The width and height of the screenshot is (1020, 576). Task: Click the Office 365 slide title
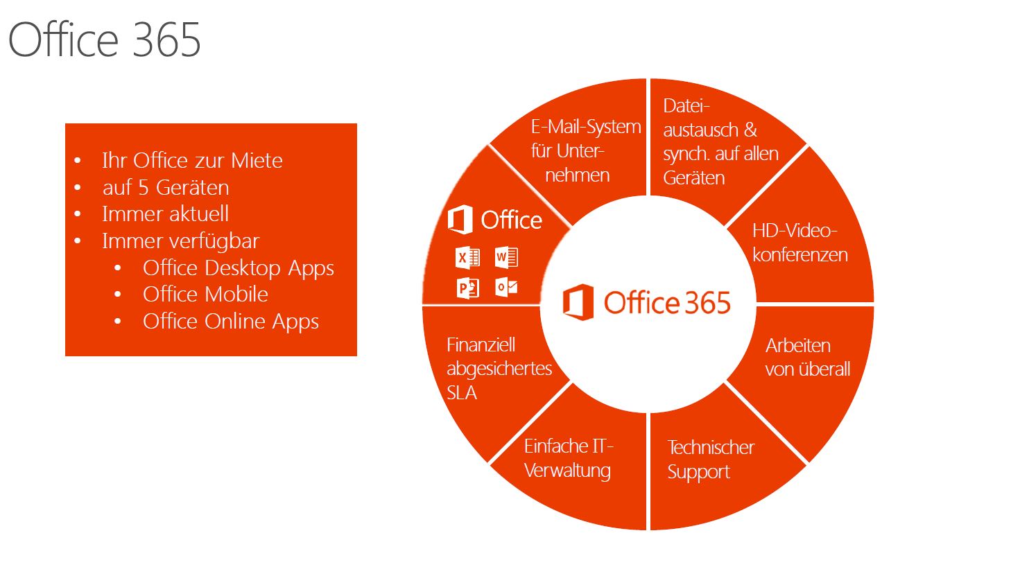pyautogui.click(x=105, y=40)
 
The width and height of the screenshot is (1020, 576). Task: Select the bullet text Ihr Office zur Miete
pyautogui.click(x=192, y=161)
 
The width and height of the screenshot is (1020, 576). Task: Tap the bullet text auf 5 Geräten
pyautogui.click(x=166, y=188)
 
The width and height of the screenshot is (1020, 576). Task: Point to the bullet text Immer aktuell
pyautogui.click(x=165, y=214)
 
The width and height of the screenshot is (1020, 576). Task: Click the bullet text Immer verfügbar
pyautogui.click(x=180, y=241)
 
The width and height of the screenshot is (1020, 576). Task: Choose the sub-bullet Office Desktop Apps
pyautogui.click(x=238, y=268)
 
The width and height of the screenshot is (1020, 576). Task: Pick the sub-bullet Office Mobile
pyautogui.click(x=205, y=295)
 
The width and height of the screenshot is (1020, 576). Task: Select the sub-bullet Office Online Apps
pyautogui.click(x=230, y=322)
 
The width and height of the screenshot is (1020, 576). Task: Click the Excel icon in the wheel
pyautogui.click(x=467, y=258)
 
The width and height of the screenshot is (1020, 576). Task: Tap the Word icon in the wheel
pyautogui.click(x=506, y=257)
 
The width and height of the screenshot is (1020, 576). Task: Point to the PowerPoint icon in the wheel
pyautogui.click(x=467, y=287)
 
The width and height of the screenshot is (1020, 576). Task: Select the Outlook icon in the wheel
pyautogui.click(x=506, y=286)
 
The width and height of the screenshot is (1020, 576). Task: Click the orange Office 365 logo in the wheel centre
pyautogui.click(x=646, y=303)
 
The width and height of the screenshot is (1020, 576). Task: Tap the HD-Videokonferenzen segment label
pyautogui.click(x=799, y=243)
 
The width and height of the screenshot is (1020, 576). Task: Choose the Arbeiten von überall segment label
pyautogui.click(x=807, y=358)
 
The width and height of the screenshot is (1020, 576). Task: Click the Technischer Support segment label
pyautogui.click(x=710, y=460)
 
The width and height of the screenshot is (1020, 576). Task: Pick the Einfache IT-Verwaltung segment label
pyautogui.click(x=568, y=458)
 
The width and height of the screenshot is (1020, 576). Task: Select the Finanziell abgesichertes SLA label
pyautogui.click(x=499, y=369)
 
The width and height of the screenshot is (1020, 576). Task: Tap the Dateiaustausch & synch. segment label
pyautogui.click(x=720, y=142)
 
